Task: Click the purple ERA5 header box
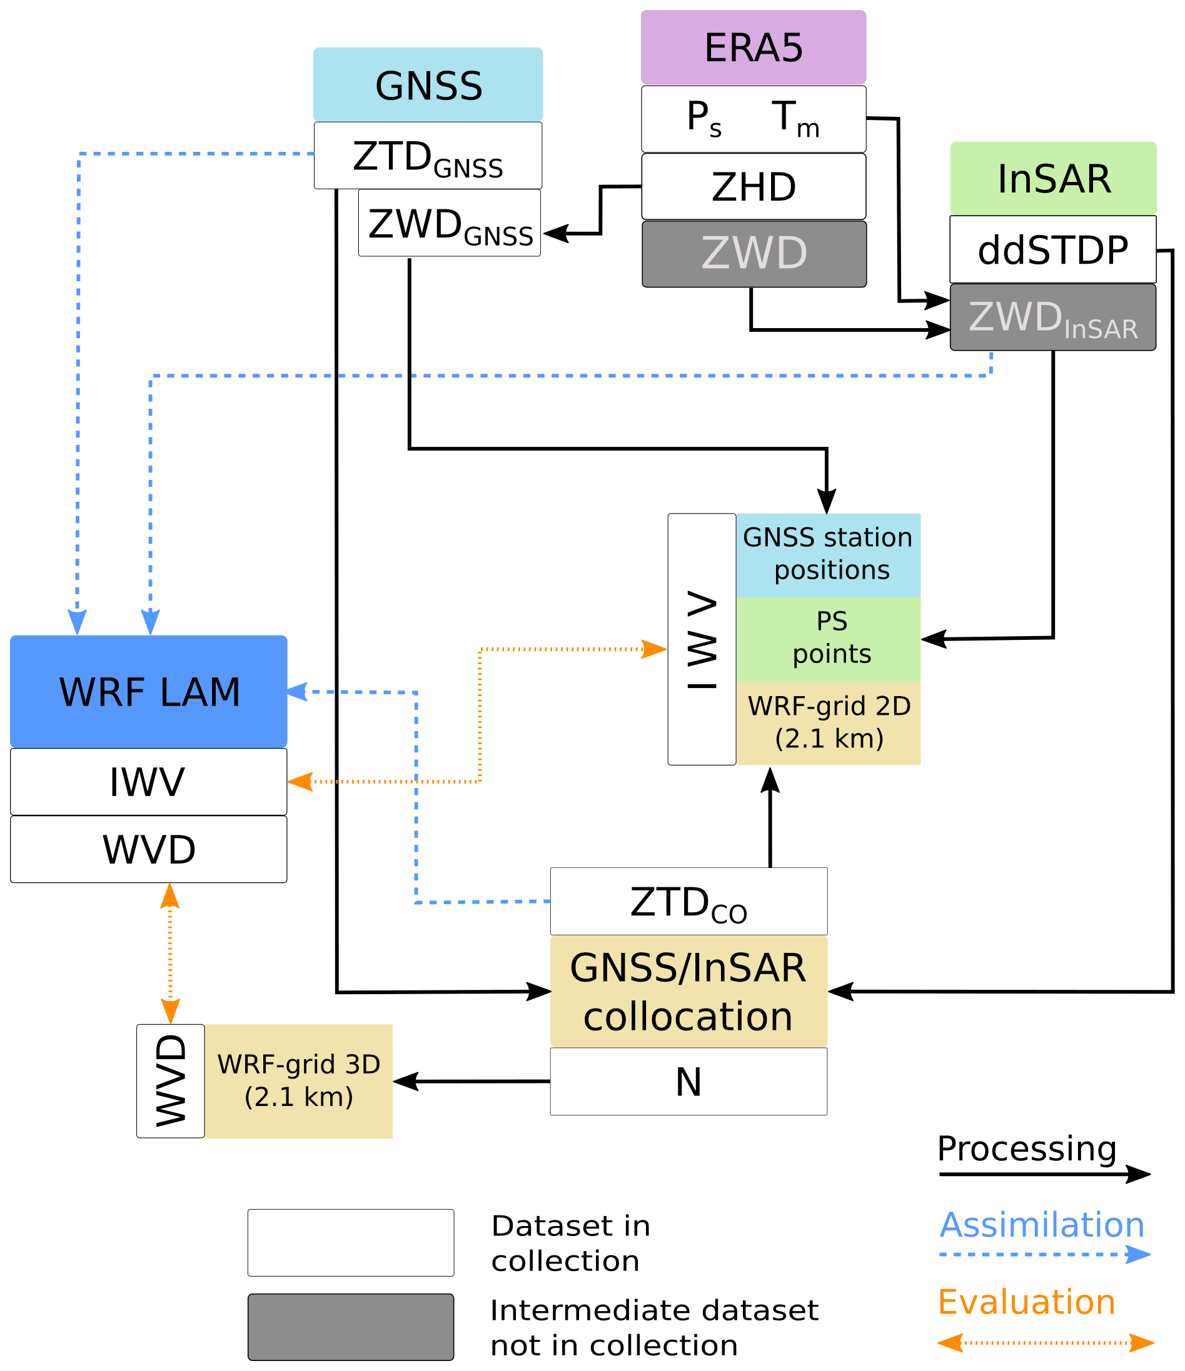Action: point(753,47)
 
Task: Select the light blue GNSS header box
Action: point(428,85)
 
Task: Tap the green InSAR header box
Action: point(1052,178)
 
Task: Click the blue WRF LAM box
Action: point(148,692)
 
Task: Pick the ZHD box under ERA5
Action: point(753,187)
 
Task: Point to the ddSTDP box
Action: point(1052,249)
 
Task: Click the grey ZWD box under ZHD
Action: point(754,254)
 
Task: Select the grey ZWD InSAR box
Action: point(1052,317)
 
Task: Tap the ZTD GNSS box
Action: point(428,156)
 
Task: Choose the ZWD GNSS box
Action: point(450,224)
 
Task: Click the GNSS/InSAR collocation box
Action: point(688,991)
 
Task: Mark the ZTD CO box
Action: point(688,901)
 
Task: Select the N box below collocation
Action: point(688,1082)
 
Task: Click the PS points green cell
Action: point(828,639)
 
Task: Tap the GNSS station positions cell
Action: point(828,554)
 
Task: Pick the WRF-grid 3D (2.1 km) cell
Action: point(298,1081)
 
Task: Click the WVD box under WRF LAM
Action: point(148,850)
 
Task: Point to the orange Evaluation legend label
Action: point(1027,1302)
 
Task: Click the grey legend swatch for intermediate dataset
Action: point(351,1327)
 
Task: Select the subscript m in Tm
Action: point(808,127)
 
